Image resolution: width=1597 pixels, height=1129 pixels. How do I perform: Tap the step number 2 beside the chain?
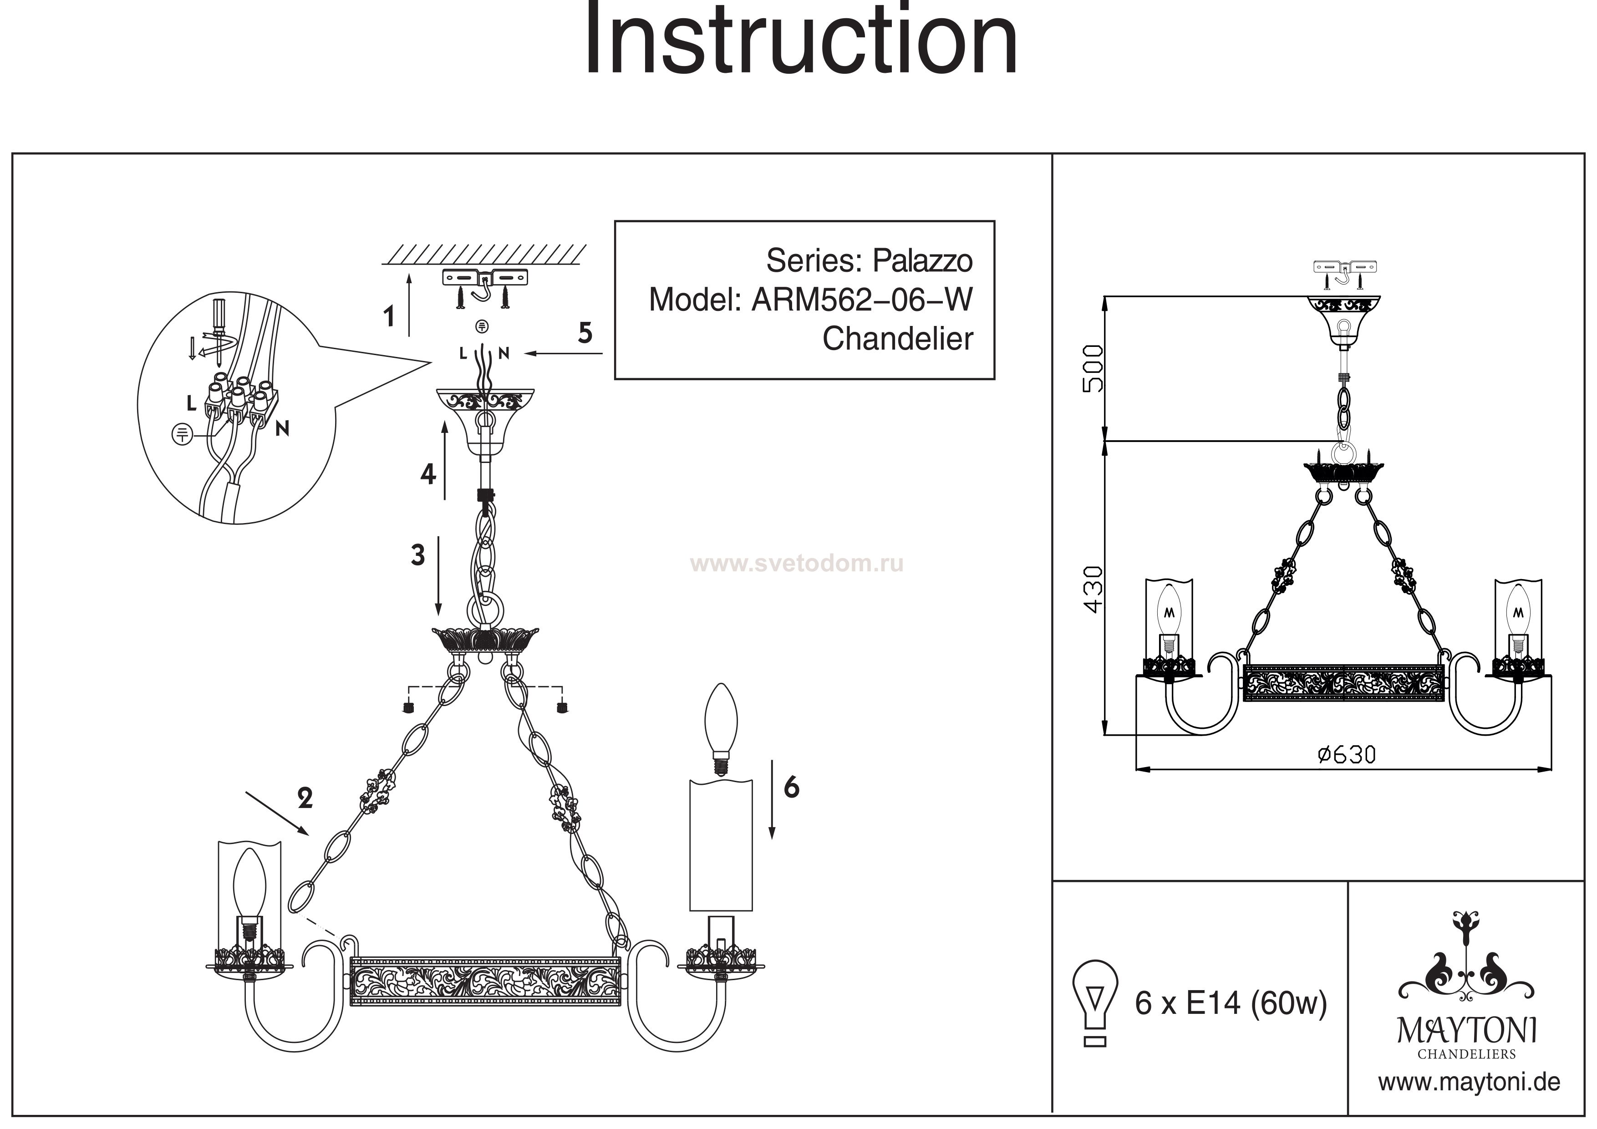point(305,798)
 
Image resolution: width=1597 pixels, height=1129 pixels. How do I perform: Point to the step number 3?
point(417,555)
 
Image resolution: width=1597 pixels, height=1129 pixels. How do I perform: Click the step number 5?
point(585,333)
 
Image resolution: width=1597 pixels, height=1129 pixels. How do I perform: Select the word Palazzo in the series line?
point(922,261)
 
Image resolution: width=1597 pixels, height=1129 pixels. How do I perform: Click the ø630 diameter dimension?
point(1347,755)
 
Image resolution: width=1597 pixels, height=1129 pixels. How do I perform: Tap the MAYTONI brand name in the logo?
point(1467,1031)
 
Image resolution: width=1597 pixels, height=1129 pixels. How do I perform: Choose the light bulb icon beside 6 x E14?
point(1095,1002)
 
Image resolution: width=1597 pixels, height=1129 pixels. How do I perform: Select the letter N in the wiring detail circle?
point(282,429)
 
